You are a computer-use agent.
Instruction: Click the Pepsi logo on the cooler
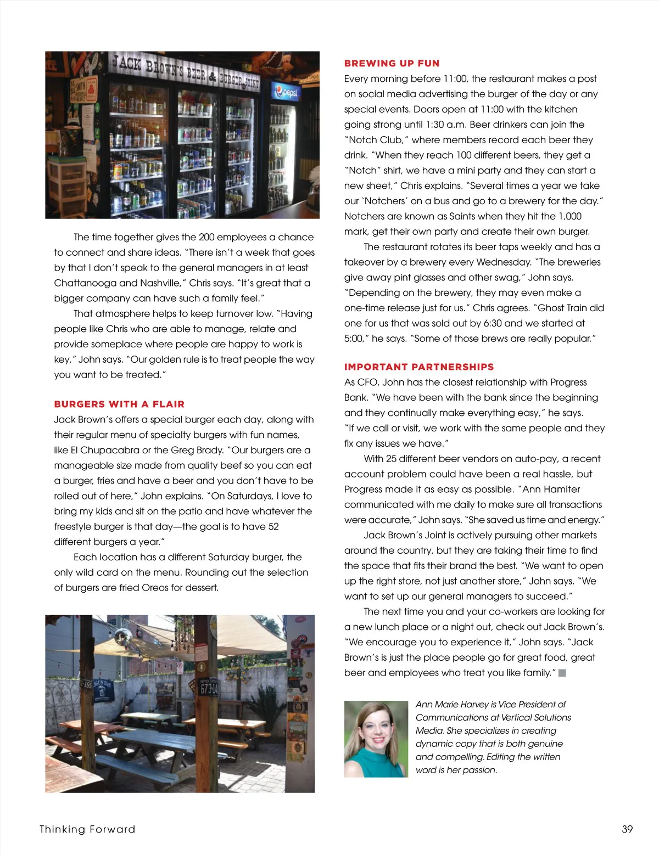(x=286, y=92)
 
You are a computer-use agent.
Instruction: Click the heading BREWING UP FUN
(x=392, y=63)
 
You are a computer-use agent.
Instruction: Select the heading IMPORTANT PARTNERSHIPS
(x=419, y=367)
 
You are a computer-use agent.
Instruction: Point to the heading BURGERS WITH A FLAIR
(x=119, y=404)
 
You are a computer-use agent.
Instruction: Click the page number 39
(x=627, y=829)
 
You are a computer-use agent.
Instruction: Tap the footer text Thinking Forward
(x=87, y=829)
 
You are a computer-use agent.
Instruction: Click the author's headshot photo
(x=376, y=739)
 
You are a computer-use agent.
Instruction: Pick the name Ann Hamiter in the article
(x=551, y=489)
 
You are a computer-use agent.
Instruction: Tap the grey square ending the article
(x=562, y=673)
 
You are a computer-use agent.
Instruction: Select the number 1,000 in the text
(x=569, y=216)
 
